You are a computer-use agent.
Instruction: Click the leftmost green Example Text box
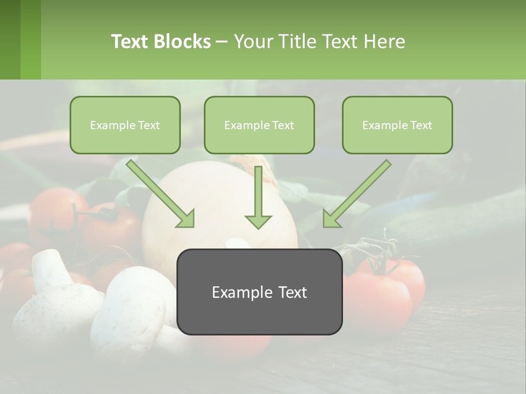tap(125, 125)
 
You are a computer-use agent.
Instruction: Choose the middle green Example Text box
tap(259, 125)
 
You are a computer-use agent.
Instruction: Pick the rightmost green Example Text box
tap(397, 125)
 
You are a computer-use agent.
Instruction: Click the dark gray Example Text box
tap(259, 292)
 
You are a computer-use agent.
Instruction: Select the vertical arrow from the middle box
tap(258, 197)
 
